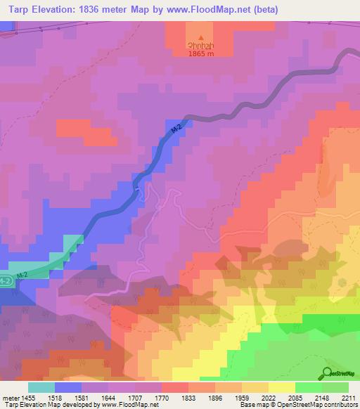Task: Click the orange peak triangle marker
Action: [202, 39]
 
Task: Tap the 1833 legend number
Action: [174, 398]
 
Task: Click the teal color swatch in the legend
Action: [41, 387]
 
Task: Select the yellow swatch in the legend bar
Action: [282, 387]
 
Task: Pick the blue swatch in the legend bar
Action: [68, 387]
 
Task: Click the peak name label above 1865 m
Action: [201, 47]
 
